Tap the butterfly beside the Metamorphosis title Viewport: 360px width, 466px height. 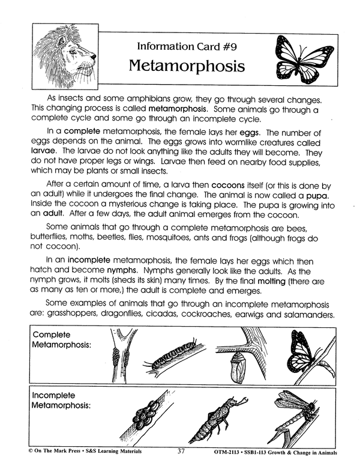[x=300, y=56]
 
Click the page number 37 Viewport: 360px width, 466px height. [x=184, y=452]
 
